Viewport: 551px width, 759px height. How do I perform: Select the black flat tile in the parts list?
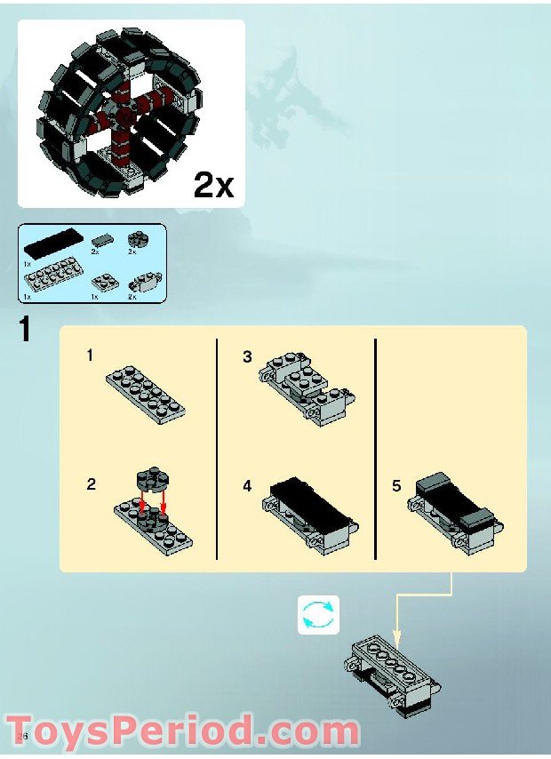coord(54,241)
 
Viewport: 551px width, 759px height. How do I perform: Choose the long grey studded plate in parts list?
coord(52,278)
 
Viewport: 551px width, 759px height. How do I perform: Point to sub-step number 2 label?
coord(91,485)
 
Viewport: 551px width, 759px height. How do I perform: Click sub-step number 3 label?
coord(248,356)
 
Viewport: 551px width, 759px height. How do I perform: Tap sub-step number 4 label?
coord(248,486)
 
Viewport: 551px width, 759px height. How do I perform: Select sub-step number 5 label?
coord(396,486)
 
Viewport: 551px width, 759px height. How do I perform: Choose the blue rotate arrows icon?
coord(318,615)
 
